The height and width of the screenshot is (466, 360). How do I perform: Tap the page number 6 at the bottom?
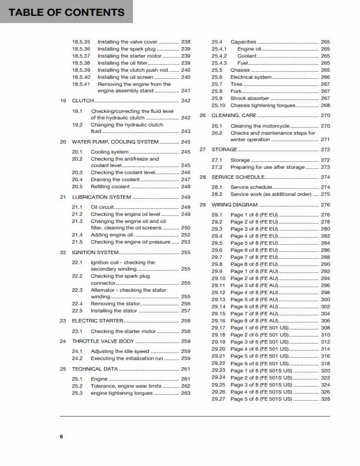click(x=61, y=436)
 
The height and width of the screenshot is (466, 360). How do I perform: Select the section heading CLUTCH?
click(x=82, y=101)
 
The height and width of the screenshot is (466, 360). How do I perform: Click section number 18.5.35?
click(x=81, y=42)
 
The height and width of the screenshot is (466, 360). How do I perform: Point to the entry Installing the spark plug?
click(x=126, y=49)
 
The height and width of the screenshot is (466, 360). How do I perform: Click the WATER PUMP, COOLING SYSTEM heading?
click(x=115, y=142)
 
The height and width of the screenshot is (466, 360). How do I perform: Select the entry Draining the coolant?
click(x=115, y=179)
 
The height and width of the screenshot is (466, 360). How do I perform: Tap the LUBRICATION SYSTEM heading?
click(x=101, y=197)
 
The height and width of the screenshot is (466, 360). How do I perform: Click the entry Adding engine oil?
click(x=112, y=235)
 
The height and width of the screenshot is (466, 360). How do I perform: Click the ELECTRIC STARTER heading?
click(x=98, y=321)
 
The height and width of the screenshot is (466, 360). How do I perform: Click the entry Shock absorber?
click(x=249, y=98)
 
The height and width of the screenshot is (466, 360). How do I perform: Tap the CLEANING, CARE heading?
click(x=234, y=115)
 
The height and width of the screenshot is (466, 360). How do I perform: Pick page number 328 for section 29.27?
click(x=325, y=399)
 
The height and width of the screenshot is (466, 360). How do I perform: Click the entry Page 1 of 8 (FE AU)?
click(x=255, y=271)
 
